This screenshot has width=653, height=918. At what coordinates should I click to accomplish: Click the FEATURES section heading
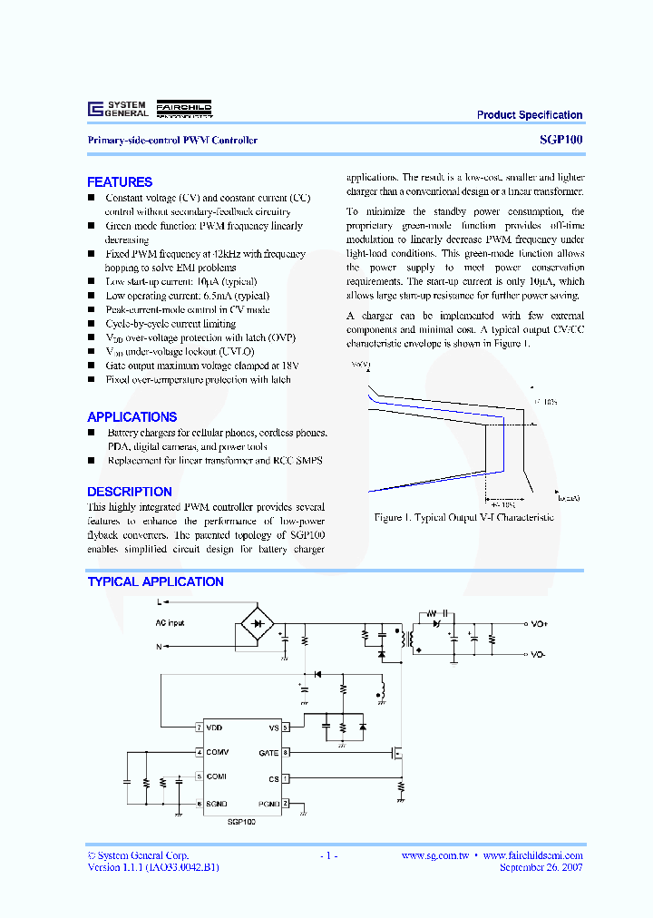coord(120,182)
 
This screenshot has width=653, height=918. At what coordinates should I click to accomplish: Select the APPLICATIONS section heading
coord(132,417)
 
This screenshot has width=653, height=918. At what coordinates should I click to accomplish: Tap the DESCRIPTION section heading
coord(130,492)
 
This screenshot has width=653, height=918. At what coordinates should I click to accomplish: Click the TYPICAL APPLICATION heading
coord(155,582)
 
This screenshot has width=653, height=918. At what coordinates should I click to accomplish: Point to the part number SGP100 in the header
coord(566,141)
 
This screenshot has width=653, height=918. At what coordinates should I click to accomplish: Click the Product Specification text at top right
coord(530,115)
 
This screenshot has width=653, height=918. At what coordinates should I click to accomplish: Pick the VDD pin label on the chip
coord(214,728)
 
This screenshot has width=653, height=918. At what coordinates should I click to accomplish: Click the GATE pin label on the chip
coord(268,753)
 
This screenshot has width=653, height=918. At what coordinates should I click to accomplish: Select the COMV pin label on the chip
coord(217,752)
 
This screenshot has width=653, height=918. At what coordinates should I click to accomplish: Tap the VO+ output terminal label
coord(539,624)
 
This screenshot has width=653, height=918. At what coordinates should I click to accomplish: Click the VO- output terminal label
coord(538,654)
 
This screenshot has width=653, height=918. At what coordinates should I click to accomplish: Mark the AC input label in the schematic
coord(169,623)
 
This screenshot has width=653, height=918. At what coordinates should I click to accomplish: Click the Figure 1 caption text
coord(463,517)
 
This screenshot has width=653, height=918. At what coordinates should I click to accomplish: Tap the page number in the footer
coord(328,855)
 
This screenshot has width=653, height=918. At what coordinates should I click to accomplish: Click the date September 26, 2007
coord(541,867)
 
